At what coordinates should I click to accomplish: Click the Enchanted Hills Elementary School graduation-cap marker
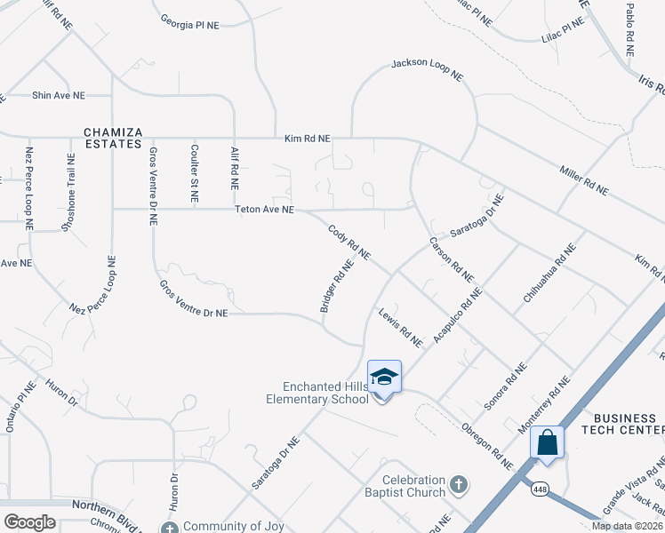(x=384, y=378)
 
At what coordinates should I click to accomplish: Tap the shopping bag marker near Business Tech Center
(x=547, y=442)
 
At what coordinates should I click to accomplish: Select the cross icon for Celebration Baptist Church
(x=458, y=484)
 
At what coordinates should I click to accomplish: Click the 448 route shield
(x=539, y=489)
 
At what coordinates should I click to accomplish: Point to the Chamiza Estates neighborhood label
(x=113, y=138)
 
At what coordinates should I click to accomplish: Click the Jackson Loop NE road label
(x=428, y=70)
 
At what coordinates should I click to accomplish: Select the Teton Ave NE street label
(x=264, y=211)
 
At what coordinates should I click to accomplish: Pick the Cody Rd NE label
(x=349, y=243)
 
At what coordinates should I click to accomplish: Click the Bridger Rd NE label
(x=337, y=286)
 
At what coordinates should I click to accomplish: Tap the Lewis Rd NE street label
(x=399, y=328)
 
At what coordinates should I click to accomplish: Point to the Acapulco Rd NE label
(x=457, y=316)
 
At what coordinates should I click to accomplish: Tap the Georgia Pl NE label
(x=189, y=25)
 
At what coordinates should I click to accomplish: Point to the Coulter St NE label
(x=195, y=171)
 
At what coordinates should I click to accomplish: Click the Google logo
(x=29, y=522)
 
